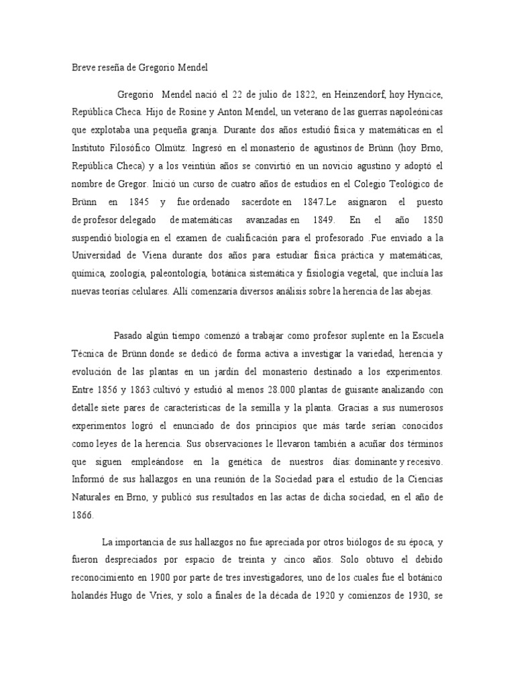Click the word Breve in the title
click(83, 67)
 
